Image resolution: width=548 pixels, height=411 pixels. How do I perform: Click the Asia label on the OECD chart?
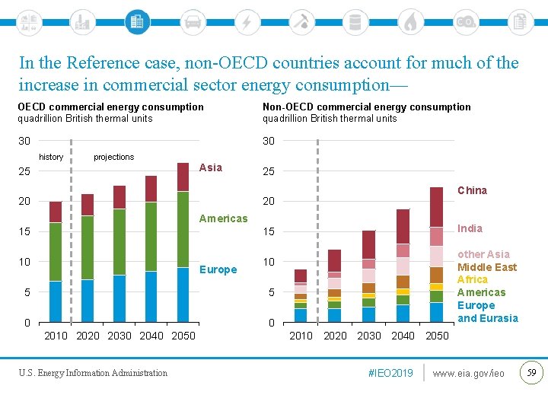coord(211,167)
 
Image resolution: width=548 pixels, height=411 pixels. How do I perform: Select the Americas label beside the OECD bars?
coord(223,218)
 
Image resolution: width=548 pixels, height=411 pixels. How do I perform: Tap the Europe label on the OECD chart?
coord(218,269)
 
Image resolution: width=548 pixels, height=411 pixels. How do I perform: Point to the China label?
coord(472,190)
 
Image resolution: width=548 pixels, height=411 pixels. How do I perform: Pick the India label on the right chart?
coord(470,228)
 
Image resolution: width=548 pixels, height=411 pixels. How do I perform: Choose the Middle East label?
coord(486,267)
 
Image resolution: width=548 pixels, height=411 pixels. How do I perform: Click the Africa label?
coord(472,279)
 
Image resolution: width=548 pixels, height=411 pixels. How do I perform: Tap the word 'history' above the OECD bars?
coord(51,157)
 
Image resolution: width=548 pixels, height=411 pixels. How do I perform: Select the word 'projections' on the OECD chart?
coord(113,157)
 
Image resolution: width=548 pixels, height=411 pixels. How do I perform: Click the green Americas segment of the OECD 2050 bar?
coord(183,228)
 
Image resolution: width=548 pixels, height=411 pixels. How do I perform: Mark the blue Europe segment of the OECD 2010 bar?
coord(55,301)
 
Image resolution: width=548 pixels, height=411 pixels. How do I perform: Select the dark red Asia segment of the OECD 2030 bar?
coord(119,196)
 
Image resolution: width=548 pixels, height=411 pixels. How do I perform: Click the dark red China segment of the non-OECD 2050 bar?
coord(436,206)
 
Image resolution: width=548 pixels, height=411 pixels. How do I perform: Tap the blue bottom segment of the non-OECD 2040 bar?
coord(403,314)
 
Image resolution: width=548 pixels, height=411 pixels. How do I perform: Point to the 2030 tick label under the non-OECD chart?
coord(369,336)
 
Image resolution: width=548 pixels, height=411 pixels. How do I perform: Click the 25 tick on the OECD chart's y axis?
coord(24,171)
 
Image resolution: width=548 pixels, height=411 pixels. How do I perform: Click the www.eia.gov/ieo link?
coord(468,373)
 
